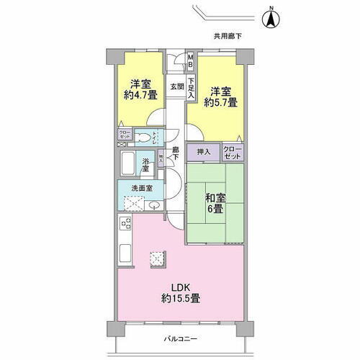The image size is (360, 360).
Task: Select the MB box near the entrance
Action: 191,62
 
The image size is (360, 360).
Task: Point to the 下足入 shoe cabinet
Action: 192,89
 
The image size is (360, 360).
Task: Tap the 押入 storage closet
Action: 204,152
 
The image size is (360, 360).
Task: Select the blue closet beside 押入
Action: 232,152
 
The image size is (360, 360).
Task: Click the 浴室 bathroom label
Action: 145,166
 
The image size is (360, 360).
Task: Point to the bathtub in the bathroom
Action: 128,166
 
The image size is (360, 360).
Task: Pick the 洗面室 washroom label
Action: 141,189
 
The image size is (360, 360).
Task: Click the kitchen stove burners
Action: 123,225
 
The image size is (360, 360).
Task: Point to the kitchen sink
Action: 123,253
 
